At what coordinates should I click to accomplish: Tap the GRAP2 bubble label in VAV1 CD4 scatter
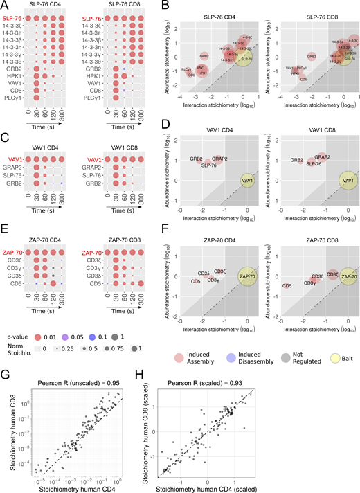click(x=219, y=159)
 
